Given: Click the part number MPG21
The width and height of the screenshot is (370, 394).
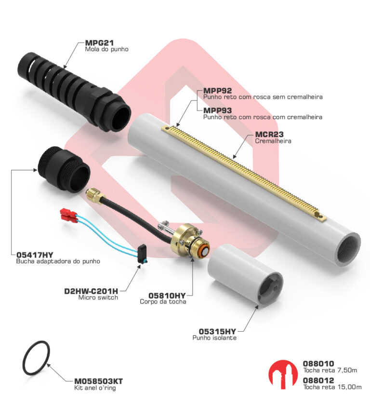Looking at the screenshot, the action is pos(99,43).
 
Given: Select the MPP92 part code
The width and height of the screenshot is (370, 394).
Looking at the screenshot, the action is pos(217,91).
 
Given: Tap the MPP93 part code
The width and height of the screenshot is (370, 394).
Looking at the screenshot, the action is pos(217,110).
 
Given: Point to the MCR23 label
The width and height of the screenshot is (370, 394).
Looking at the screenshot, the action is pos(269,134).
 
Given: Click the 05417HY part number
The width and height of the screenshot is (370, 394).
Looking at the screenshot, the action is pos(35,255).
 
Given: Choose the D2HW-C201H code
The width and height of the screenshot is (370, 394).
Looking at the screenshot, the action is pos(91,291).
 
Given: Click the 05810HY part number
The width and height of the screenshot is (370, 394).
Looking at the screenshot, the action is pos(167,296).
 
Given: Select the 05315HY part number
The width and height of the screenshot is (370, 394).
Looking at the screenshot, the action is pos(217,331).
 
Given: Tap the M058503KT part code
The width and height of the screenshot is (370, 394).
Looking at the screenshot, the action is pos(98,381).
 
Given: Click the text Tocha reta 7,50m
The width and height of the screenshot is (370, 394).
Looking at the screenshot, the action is pos(330,370).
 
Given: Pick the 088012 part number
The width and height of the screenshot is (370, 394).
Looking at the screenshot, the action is pos(318,380).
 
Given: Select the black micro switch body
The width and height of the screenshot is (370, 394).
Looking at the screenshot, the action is pos(142,254).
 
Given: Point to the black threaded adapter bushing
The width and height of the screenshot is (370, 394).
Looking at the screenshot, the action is pos(64,169).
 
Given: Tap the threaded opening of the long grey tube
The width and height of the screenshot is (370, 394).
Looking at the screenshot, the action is pos(348,249).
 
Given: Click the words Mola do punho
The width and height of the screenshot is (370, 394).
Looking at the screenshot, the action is pos(106,49).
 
